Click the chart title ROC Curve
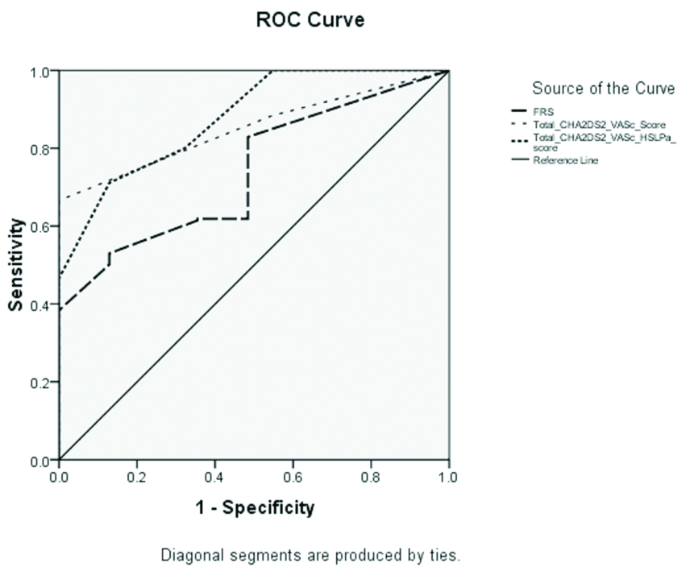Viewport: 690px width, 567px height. (310, 21)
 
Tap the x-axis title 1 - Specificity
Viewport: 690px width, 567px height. (254, 507)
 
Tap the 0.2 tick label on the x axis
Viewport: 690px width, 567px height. (137, 477)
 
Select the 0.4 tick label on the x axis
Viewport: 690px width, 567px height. (215, 477)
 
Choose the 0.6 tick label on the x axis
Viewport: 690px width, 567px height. (293, 477)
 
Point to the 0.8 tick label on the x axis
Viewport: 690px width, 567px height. (371, 477)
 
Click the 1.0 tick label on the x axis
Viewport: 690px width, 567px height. (448, 477)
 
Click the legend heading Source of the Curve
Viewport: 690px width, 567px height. (603, 89)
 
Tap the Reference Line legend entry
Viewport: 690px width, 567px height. (564, 160)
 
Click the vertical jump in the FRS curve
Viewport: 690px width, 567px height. (248, 177)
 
